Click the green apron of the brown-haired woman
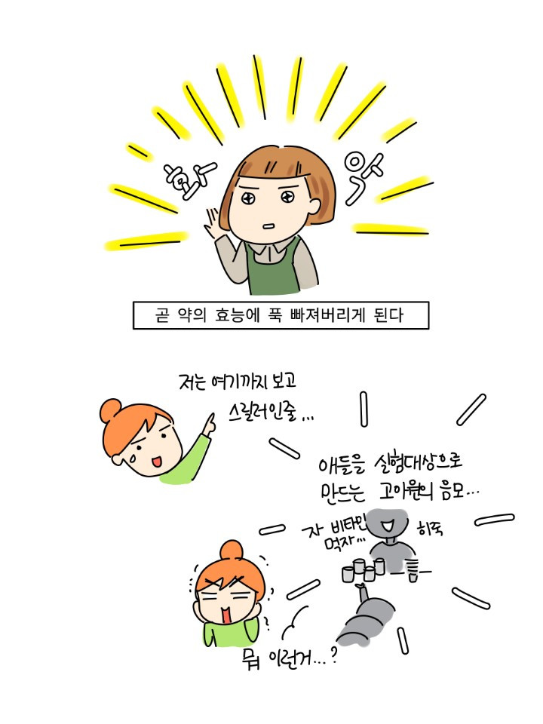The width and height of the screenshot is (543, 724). coord(272,268)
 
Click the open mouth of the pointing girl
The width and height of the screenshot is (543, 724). coord(156,462)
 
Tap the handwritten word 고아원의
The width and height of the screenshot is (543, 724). coord(406,491)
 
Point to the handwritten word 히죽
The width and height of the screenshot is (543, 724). coord(430,528)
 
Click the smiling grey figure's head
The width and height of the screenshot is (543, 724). coord(390,522)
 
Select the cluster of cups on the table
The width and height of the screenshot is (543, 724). coord(363,570)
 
